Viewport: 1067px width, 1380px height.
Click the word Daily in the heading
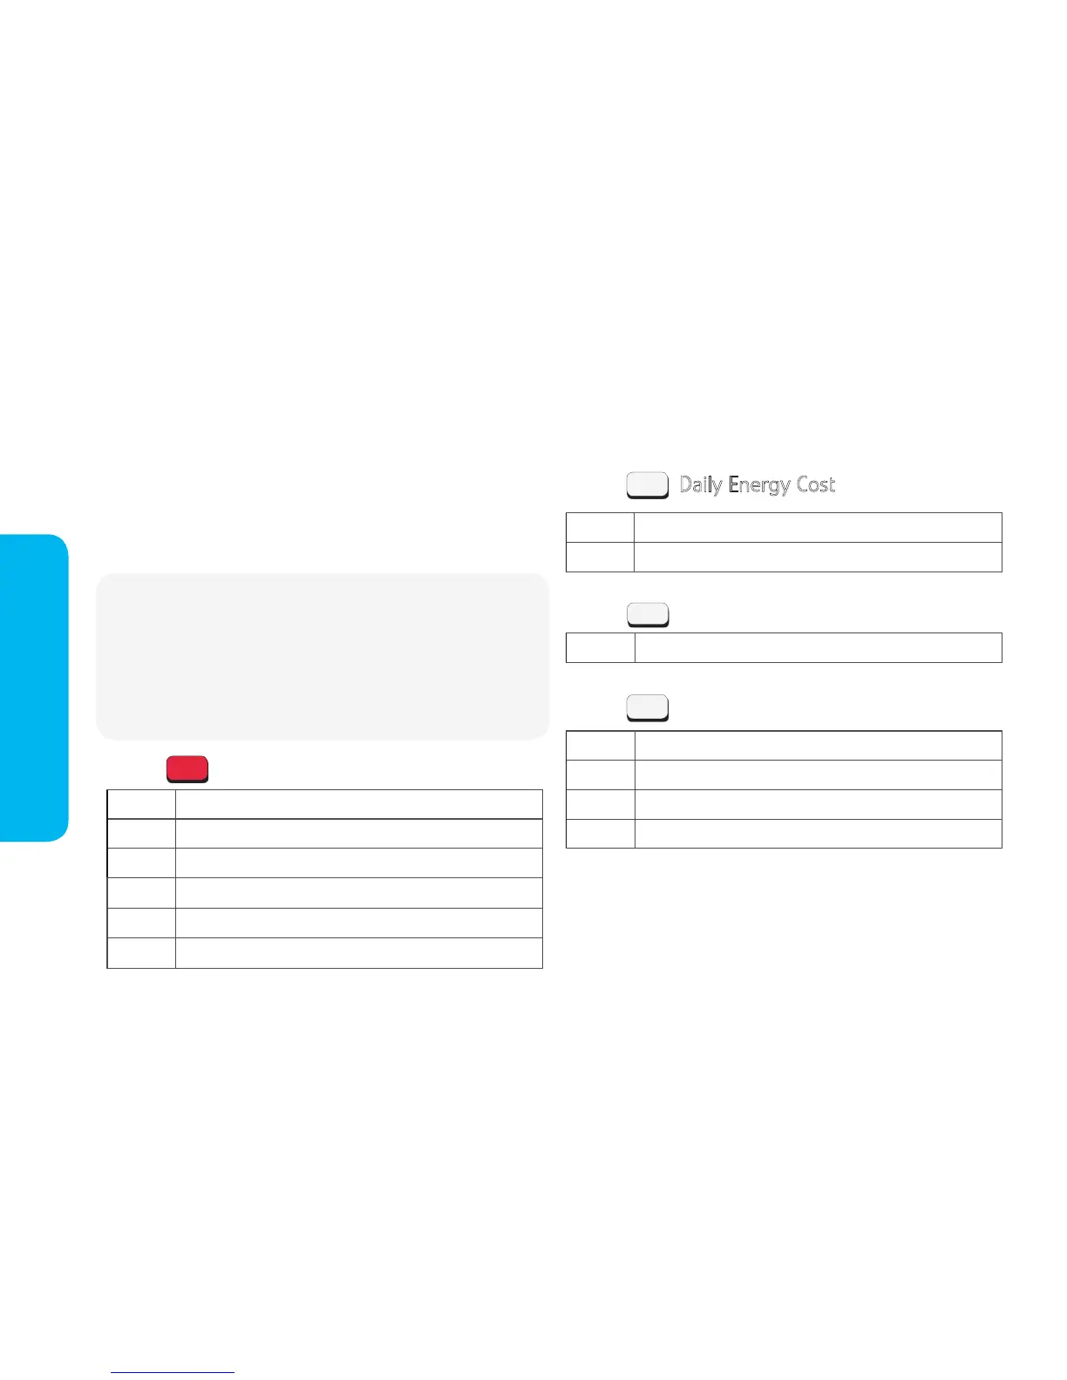click(x=700, y=485)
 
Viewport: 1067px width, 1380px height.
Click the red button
click(x=187, y=769)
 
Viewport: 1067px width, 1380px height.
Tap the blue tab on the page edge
click(x=33, y=687)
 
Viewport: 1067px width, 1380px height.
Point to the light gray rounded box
click(x=323, y=656)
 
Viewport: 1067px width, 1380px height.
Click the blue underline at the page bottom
click(x=173, y=1372)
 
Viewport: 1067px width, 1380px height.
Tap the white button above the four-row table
click(x=648, y=708)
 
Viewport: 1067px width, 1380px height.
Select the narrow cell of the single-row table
click(x=601, y=647)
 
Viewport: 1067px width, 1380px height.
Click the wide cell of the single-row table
click(x=818, y=647)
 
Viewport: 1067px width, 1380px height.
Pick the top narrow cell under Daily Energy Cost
click(x=600, y=528)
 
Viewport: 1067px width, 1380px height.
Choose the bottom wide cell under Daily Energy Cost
click(x=818, y=558)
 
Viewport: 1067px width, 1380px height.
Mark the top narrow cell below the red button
click(x=141, y=804)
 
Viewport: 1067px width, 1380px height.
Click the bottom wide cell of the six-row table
click(x=358, y=953)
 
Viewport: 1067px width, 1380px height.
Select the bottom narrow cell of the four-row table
click(x=601, y=834)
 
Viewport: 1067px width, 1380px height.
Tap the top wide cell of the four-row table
click(x=818, y=746)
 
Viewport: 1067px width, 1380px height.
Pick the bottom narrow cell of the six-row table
click(x=141, y=953)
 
